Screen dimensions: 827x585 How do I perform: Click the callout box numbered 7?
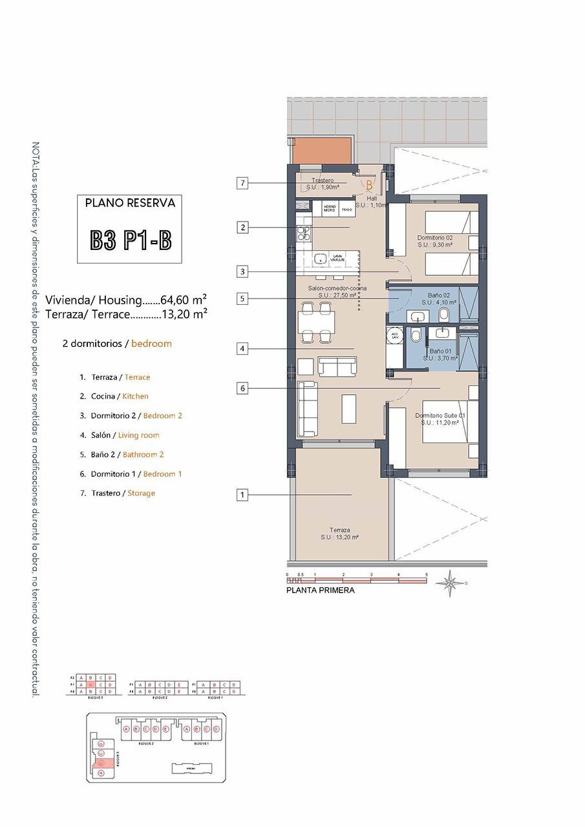pos(242,183)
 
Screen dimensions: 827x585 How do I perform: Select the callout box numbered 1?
pos(242,495)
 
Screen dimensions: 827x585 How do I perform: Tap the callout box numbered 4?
pos(242,349)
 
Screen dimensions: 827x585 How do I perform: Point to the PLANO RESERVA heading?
pos(130,203)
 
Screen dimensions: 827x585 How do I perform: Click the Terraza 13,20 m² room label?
pos(339,533)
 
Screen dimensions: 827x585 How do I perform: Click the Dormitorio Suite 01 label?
pos(440,419)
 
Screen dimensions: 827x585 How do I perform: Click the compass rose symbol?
pos(447,583)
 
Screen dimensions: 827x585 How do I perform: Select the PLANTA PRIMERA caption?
pos(321,590)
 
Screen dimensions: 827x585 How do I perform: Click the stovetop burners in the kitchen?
pos(303,233)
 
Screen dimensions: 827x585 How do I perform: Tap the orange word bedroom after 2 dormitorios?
pos(151,344)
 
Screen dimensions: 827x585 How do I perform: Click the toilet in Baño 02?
pos(445,315)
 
